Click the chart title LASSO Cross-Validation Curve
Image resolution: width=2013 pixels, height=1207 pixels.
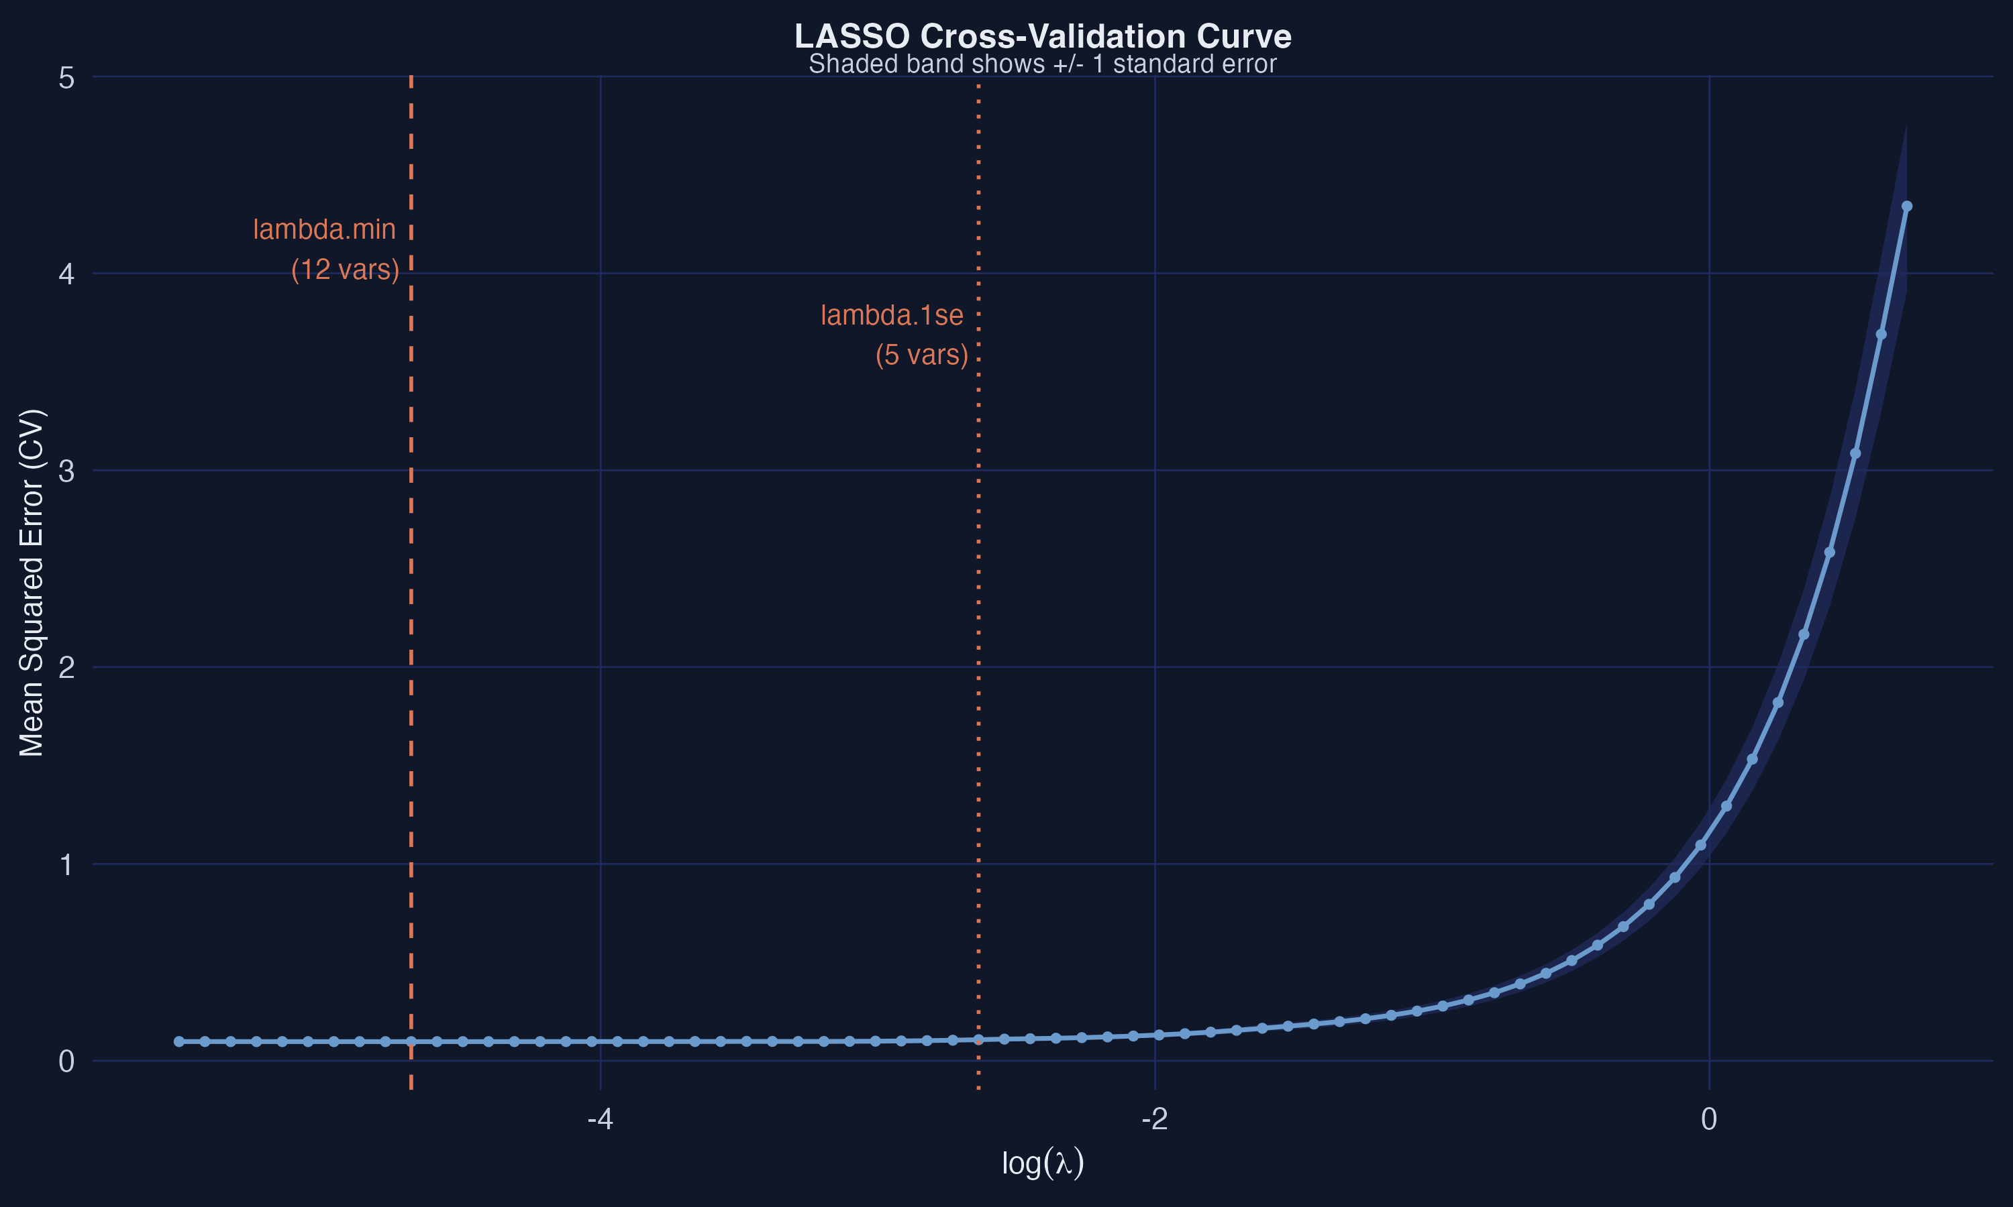pyautogui.click(x=1042, y=37)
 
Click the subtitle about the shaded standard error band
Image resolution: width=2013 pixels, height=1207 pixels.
pyautogui.click(x=1042, y=64)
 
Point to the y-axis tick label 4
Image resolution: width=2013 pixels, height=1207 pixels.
pyautogui.click(x=66, y=274)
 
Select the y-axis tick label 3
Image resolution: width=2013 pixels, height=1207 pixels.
pyautogui.click(x=66, y=471)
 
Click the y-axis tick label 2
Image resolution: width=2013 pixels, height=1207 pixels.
pyautogui.click(x=66, y=668)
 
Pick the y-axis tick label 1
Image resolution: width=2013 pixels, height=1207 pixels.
pyautogui.click(x=66, y=864)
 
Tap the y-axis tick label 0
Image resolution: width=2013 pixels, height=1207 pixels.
pyautogui.click(x=66, y=1061)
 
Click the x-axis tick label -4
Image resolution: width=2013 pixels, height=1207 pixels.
pyautogui.click(x=601, y=1120)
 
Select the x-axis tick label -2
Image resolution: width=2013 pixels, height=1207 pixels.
pyautogui.click(x=1155, y=1120)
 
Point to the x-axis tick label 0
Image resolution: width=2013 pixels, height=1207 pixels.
pyautogui.click(x=1708, y=1120)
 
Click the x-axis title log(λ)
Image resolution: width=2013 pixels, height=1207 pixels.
pyautogui.click(x=1042, y=1163)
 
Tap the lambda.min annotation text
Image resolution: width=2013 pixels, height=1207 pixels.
pyautogui.click(x=324, y=229)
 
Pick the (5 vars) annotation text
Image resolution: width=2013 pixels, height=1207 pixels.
pyautogui.click(x=922, y=355)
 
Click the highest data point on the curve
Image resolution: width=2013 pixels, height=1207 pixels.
pyautogui.click(x=1906, y=207)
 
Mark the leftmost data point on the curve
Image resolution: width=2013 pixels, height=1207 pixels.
pyautogui.click(x=179, y=1042)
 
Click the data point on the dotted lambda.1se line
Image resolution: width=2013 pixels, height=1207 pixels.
pyautogui.click(x=978, y=1040)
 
